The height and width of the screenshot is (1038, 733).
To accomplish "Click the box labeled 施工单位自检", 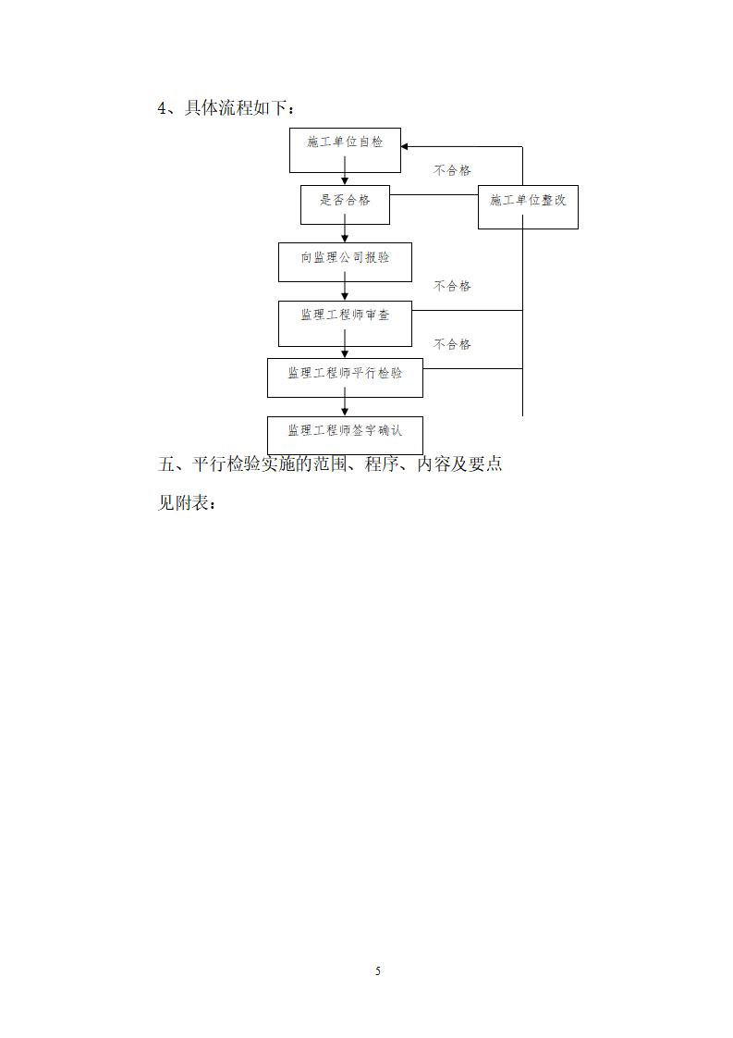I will (345, 150).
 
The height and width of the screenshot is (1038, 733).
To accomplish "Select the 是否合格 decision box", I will (345, 204).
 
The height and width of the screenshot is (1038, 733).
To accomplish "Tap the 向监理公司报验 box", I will (345, 262).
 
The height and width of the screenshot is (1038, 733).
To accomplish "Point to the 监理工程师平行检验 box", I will (345, 377).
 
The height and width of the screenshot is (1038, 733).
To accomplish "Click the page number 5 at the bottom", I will (377, 970).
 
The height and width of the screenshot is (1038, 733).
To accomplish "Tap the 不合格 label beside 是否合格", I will (453, 171).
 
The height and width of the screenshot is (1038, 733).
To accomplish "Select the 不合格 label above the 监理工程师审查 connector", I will (453, 287).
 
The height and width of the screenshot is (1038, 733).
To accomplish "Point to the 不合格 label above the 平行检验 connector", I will (453, 344).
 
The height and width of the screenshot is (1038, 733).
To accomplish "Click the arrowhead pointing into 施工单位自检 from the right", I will (406, 147).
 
